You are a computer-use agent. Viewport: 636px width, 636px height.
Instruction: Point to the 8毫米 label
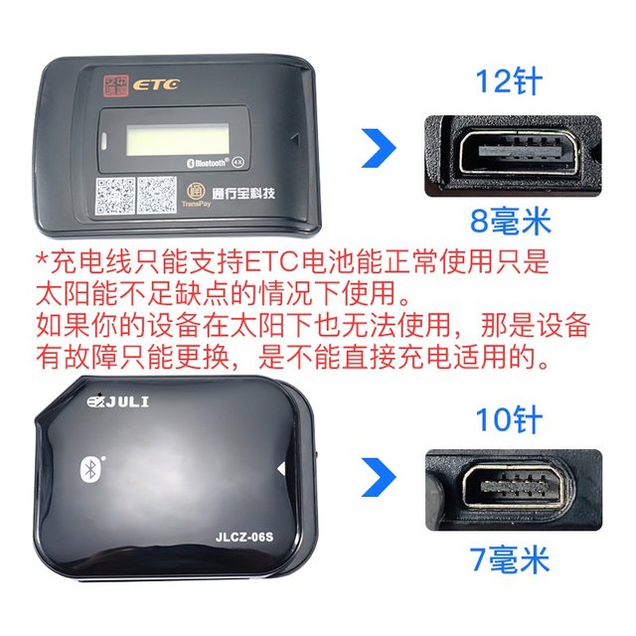point(510,219)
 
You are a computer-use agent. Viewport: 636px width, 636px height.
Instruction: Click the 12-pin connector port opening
point(508,153)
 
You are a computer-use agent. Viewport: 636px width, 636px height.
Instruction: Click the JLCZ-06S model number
point(245,536)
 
